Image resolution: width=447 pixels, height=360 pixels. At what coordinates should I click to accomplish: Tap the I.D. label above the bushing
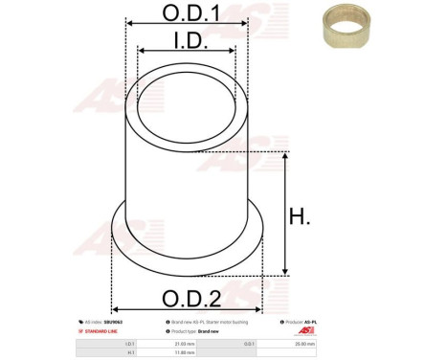[188, 40]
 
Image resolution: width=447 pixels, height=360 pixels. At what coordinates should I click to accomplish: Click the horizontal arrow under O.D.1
[186, 28]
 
